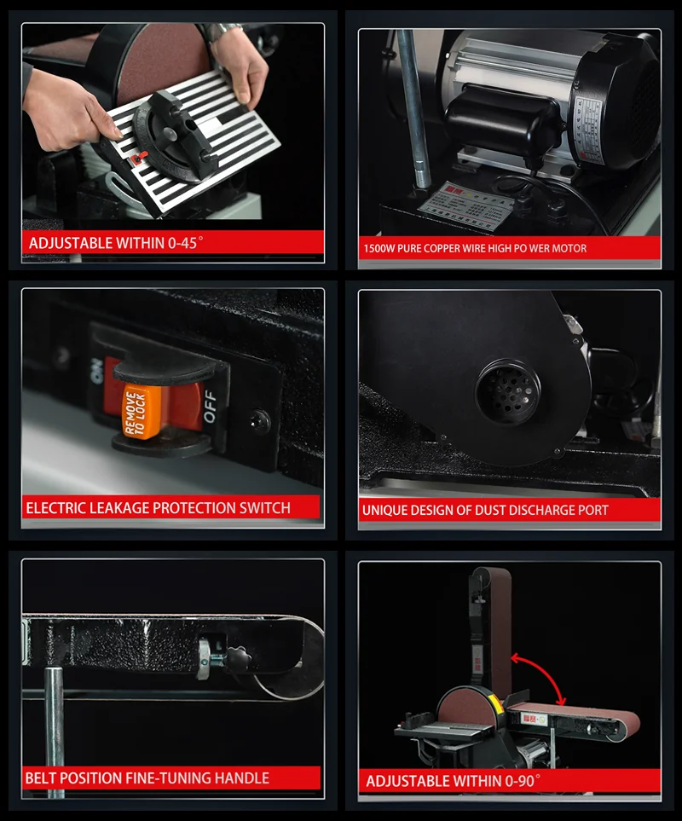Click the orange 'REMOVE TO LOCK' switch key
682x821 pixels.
coord(135,409)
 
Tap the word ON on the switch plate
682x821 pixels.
coord(97,367)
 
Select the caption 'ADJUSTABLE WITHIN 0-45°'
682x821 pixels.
coord(116,243)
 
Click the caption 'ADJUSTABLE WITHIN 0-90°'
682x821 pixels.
coord(453,780)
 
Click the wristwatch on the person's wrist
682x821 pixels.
coord(224,32)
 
